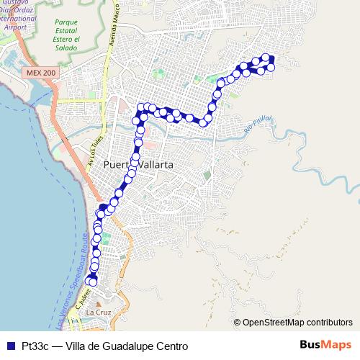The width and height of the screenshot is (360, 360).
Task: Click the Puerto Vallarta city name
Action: (x=138, y=165)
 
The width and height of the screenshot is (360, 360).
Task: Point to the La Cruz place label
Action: (x=98, y=313)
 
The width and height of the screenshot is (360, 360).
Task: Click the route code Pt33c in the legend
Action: (x=35, y=346)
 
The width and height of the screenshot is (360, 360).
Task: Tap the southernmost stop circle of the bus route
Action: (x=92, y=282)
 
